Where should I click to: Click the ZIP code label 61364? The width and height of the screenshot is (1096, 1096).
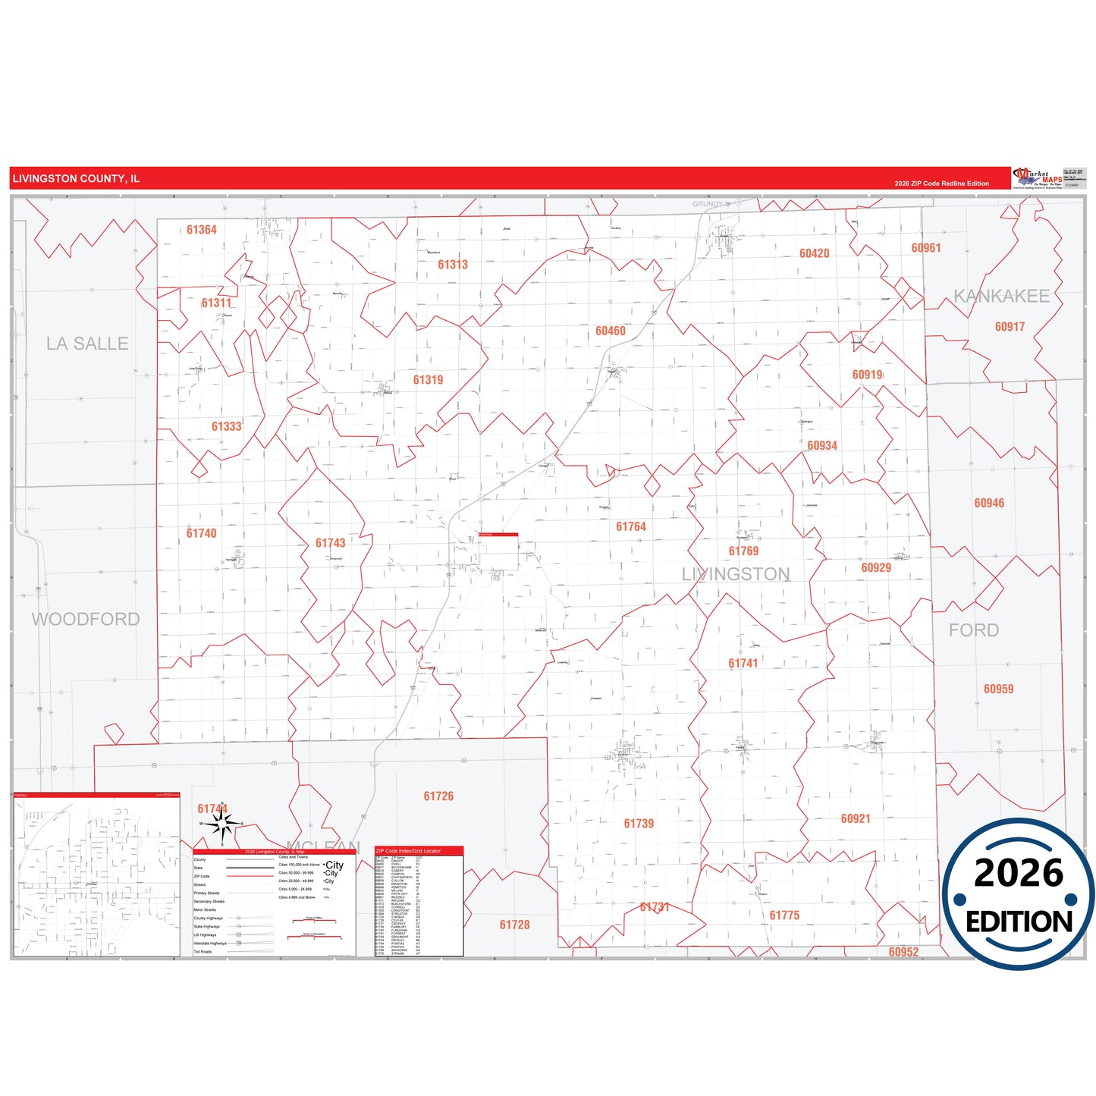[x=202, y=230]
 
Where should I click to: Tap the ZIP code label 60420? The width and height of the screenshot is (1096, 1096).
[x=814, y=253]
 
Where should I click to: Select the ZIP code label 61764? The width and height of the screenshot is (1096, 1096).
[x=631, y=526]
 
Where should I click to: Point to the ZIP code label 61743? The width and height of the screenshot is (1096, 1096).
[x=330, y=543]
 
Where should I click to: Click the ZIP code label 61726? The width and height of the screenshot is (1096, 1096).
[x=438, y=796]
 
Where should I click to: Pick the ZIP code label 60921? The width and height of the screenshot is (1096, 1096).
[x=856, y=819]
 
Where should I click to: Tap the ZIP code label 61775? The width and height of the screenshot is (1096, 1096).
[x=784, y=915]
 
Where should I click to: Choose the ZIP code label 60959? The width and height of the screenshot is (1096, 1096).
[x=998, y=689]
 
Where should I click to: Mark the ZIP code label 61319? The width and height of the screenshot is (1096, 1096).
[x=428, y=380]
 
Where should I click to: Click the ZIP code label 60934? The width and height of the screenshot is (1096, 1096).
[x=822, y=446]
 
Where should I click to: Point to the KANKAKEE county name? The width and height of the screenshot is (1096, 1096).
[x=1001, y=297]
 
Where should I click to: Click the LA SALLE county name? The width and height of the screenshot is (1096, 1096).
[x=87, y=344]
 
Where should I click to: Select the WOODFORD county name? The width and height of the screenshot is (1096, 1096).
[x=86, y=619]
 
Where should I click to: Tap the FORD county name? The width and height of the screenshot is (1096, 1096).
[x=973, y=630]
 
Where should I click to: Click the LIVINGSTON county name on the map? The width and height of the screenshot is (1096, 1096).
[x=736, y=574]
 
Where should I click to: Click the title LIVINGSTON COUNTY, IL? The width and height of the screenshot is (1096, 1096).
[x=76, y=179]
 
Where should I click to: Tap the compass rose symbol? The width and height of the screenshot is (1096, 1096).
[x=221, y=824]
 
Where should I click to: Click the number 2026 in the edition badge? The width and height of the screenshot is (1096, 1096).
[x=1018, y=873]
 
